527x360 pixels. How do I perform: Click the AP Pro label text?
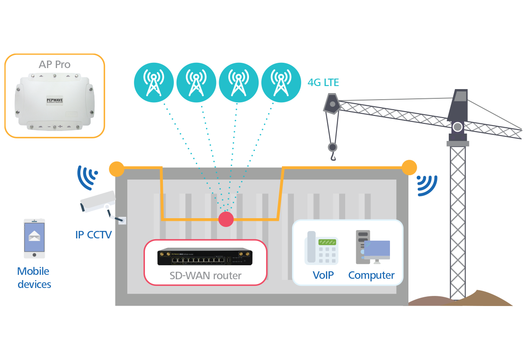(x=54, y=65)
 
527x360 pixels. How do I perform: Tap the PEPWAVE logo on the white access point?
(x=54, y=100)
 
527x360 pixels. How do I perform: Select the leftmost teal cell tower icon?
(x=153, y=82)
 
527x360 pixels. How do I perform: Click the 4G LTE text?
(x=323, y=83)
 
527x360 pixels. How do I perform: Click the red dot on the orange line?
(x=226, y=219)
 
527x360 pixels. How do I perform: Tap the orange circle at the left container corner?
(x=116, y=168)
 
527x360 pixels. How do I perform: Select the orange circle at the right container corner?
(x=409, y=167)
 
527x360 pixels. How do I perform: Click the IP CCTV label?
(x=94, y=234)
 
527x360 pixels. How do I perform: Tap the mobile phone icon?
(x=34, y=238)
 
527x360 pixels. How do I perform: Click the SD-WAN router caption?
(x=205, y=276)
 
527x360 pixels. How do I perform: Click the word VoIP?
(x=323, y=275)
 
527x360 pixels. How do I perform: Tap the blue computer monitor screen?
(x=377, y=249)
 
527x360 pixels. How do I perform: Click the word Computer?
(x=371, y=275)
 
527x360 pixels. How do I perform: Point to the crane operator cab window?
(x=460, y=97)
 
